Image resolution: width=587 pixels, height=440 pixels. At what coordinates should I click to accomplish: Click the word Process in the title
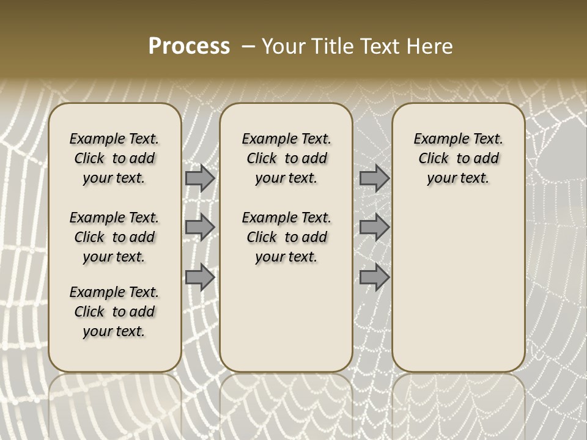[189, 46]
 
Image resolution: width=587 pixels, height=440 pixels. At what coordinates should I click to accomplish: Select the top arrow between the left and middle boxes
[200, 178]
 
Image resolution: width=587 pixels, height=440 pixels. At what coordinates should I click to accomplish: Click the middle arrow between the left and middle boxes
[200, 227]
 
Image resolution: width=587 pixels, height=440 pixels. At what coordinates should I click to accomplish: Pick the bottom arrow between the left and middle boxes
[200, 277]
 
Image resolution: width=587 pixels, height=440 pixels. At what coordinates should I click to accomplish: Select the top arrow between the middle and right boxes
[374, 178]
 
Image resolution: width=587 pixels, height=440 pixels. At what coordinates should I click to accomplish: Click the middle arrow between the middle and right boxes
[374, 227]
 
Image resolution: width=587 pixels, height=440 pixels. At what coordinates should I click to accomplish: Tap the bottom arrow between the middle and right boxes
[374, 277]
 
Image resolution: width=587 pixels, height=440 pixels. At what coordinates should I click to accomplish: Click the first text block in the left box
[114, 158]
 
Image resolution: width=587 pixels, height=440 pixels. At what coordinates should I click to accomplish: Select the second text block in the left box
[114, 237]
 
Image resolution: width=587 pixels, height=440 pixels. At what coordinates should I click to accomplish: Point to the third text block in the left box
[114, 312]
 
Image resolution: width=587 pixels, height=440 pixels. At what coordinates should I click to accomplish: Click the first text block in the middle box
[286, 158]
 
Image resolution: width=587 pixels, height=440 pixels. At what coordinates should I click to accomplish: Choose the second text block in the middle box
[286, 237]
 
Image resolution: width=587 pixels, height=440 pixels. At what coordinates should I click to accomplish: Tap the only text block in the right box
[458, 158]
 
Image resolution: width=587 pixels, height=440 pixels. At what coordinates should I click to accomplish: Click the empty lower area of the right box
[458, 287]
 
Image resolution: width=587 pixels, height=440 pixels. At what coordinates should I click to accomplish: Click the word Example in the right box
[436, 139]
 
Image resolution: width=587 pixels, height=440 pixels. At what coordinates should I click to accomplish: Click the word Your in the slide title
[283, 46]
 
